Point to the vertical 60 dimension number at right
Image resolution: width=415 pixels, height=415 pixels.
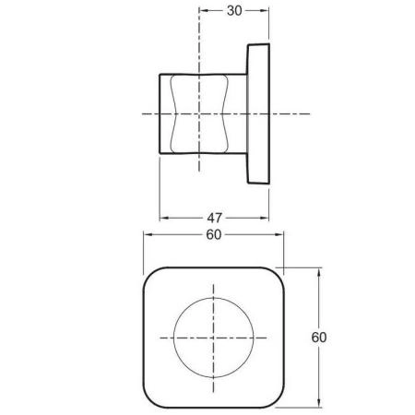tap(319, 338)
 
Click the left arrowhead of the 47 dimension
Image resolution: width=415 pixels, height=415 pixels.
tap(164, 219)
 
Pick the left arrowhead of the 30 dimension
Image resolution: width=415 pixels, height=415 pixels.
tap(203, 12)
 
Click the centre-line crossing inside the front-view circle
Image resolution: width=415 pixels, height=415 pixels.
tap(214, 337)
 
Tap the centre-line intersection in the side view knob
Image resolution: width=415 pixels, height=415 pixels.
tap(200, 113)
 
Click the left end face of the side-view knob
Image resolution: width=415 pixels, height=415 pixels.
tap(162, 113)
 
